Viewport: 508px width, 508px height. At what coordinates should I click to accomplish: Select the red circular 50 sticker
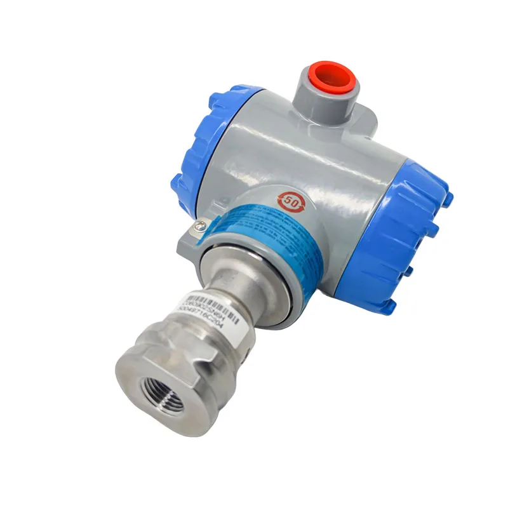pyautogui.click(x=293, y=201)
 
